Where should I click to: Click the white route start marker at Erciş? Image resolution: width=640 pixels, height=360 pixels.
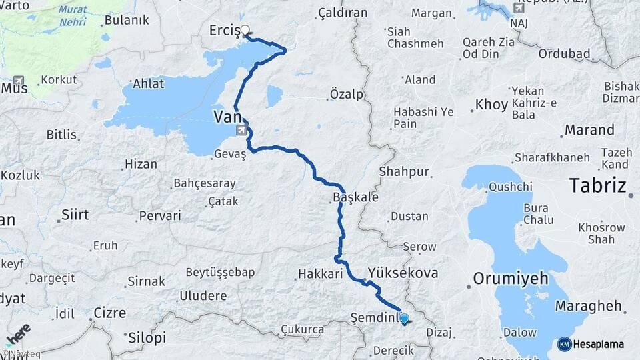tap(245, 30)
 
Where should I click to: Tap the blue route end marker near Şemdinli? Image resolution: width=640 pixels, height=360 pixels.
tap(404, 319)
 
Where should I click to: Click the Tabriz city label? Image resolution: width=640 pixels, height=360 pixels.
tap(597, 186)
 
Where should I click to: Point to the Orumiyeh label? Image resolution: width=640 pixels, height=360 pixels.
tap(510, 278)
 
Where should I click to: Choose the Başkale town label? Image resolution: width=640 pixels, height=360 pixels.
tap(355, 198)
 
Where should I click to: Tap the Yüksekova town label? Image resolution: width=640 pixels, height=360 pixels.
tap(403, 273)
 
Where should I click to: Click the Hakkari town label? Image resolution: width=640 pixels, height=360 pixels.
tap(320, 273)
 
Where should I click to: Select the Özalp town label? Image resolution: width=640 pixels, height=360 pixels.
tap(347, 95)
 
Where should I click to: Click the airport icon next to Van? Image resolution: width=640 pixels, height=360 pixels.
tap(239, 130)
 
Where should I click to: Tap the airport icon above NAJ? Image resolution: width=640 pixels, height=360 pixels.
tap(519, 9)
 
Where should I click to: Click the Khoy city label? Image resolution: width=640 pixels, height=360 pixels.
tap(491, 105)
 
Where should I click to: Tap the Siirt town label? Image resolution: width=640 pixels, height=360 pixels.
tap(75, 215)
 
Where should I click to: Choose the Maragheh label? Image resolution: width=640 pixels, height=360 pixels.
tap(593, 307)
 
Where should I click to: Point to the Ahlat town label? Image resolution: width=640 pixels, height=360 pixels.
tap(148, 84)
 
